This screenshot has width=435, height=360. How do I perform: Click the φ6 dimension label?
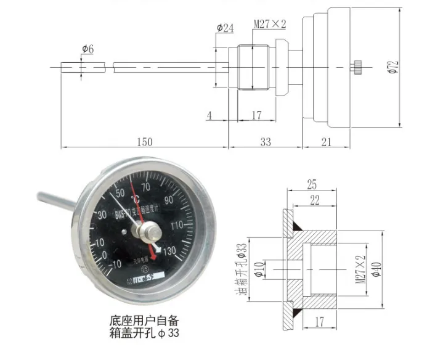pyautogui.click(x=86, y=49)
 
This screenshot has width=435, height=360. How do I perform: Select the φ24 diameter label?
pyautogui.click(x=225, y=28)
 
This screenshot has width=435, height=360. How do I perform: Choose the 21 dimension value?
pyautogui.click(x=326, y=142)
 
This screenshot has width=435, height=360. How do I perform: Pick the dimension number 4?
pyautogui.click(x=209, y=115)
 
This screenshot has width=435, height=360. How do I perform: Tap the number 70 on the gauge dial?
pyautogui.click(x=147, y=187)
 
